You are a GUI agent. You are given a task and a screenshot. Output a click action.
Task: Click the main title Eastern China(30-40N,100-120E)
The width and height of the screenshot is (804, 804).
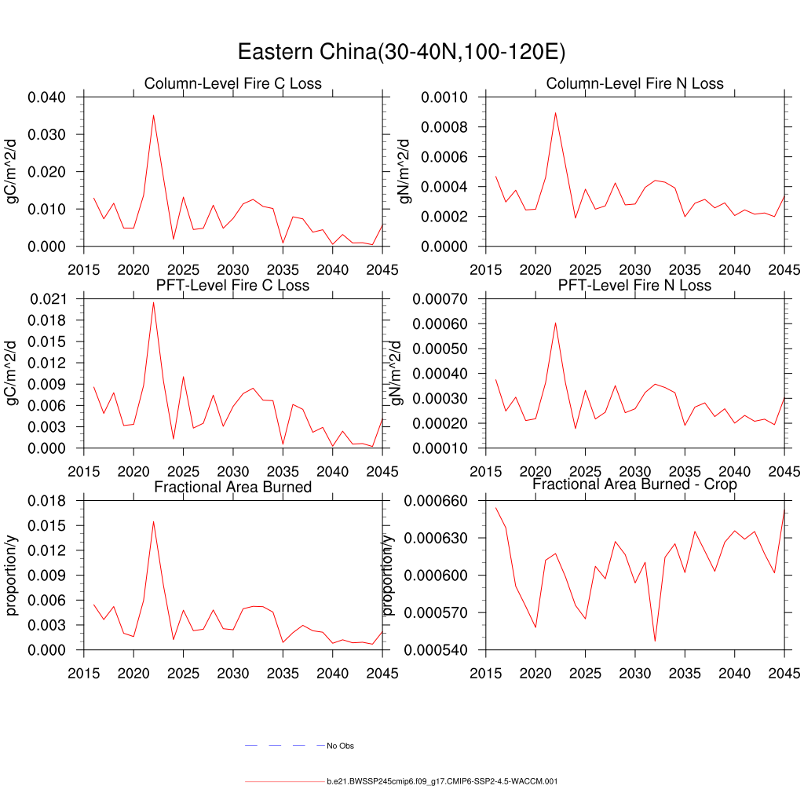[401, 53]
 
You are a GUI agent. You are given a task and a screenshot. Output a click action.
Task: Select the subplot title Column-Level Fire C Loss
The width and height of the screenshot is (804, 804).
[232, 83]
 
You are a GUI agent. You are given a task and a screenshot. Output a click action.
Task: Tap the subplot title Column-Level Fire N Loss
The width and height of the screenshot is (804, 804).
[634, 83]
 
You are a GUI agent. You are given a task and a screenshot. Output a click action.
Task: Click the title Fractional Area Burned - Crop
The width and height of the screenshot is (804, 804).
[634, 484]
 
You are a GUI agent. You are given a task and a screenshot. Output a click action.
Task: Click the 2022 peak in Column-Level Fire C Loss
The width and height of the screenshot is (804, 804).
[153, 115]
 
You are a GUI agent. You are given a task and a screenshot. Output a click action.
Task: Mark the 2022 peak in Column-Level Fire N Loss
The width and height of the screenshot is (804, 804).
[555, 112]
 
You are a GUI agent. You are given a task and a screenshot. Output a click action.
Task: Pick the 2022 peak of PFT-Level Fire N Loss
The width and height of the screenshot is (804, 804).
[555, 323]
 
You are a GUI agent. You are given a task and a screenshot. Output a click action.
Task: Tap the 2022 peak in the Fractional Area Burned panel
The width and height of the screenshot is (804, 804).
[153, 521]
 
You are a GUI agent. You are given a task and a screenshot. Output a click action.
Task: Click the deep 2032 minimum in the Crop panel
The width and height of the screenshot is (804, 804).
[655, 641]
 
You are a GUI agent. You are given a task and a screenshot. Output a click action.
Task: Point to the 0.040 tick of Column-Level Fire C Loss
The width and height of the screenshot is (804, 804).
[52, 97]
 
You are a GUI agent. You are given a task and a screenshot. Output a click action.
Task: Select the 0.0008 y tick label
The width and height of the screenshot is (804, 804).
[444, 127]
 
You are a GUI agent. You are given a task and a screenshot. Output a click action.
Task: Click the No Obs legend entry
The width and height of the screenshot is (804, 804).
[341, 746]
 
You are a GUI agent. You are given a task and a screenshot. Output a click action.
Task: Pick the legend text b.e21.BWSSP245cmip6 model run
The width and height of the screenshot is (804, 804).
[442, 782]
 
